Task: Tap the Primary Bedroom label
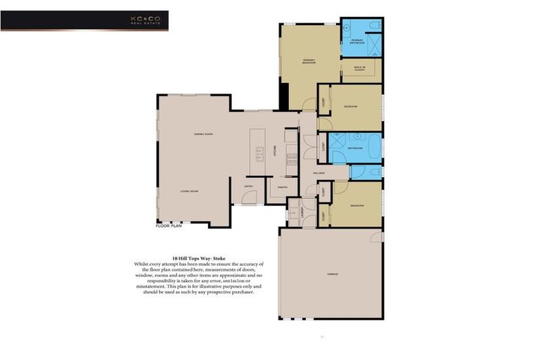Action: [309, 62]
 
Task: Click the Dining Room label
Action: [204, 134]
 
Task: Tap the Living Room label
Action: [187, 191]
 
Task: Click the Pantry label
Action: [283, 187]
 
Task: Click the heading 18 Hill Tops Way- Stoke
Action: [193, 257]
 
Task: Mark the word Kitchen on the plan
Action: [275, 152]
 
